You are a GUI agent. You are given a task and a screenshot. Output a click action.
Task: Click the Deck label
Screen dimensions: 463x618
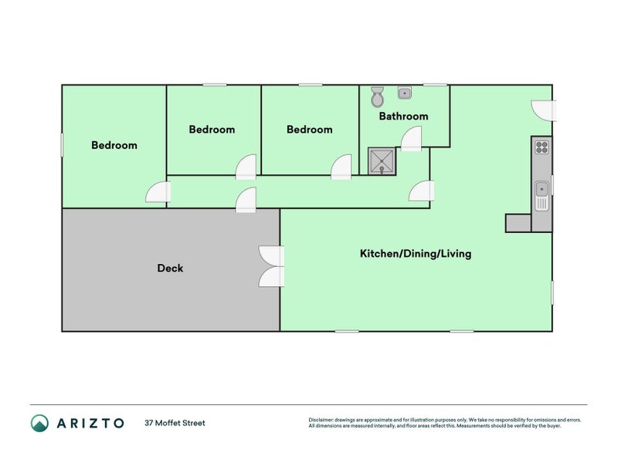click(x=170, y=269)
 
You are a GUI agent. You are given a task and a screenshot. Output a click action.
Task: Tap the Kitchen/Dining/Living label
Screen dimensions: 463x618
click(x=416, y=253)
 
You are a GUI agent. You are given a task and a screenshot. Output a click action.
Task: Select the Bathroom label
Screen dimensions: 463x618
click(x=403, y=117)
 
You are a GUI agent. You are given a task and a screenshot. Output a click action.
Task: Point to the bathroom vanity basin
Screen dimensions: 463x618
click(x=405, y=93)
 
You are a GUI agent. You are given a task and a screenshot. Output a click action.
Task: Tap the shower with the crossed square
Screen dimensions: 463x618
click(x=380, y=161)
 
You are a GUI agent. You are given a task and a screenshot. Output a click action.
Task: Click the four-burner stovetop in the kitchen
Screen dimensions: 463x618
click(x=542, y=146)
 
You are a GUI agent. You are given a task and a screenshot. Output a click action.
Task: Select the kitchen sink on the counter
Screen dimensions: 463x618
click(x=542, y=188)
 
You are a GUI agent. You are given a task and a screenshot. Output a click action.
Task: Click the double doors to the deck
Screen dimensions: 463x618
click(x=271, y=266)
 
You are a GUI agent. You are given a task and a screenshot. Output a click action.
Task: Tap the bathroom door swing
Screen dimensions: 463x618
click(x=411, y=138)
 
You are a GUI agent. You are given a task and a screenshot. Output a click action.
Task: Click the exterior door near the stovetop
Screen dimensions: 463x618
click(x=544, y=110)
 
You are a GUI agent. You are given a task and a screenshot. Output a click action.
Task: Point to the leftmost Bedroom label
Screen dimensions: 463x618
click(x=114, y=145)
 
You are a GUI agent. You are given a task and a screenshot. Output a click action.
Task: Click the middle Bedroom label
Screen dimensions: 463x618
click(x=212, y=130)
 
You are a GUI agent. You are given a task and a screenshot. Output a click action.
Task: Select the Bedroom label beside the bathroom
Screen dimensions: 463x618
click(x=310, y=130)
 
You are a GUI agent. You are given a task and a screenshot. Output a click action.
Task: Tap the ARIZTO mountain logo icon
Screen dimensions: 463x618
click(x=39, y=422)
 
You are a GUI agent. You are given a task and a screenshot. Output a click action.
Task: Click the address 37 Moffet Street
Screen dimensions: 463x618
click(x=175, y=423)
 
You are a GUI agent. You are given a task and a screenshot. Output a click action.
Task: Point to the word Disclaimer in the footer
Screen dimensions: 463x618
click(x=321, y=420)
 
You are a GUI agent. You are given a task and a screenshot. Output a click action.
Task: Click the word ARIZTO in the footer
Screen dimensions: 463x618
click(x=88, y=423)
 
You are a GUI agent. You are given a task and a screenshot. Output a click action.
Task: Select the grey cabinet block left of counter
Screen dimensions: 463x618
click(x=518, y=223)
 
